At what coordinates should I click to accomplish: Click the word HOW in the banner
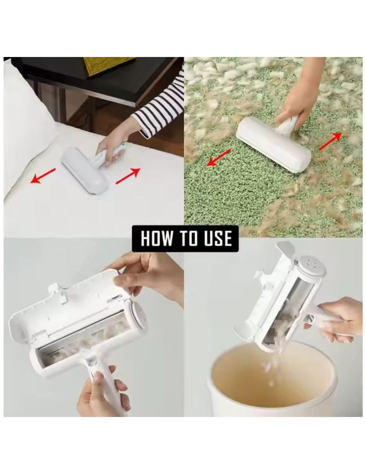click(156, 238)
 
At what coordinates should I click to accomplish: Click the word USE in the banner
click(218, 238)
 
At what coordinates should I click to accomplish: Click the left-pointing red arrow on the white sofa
click(43, 176)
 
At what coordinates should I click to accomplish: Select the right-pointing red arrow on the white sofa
click(128, 176)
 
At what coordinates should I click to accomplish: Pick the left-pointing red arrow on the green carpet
click(219, 157)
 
